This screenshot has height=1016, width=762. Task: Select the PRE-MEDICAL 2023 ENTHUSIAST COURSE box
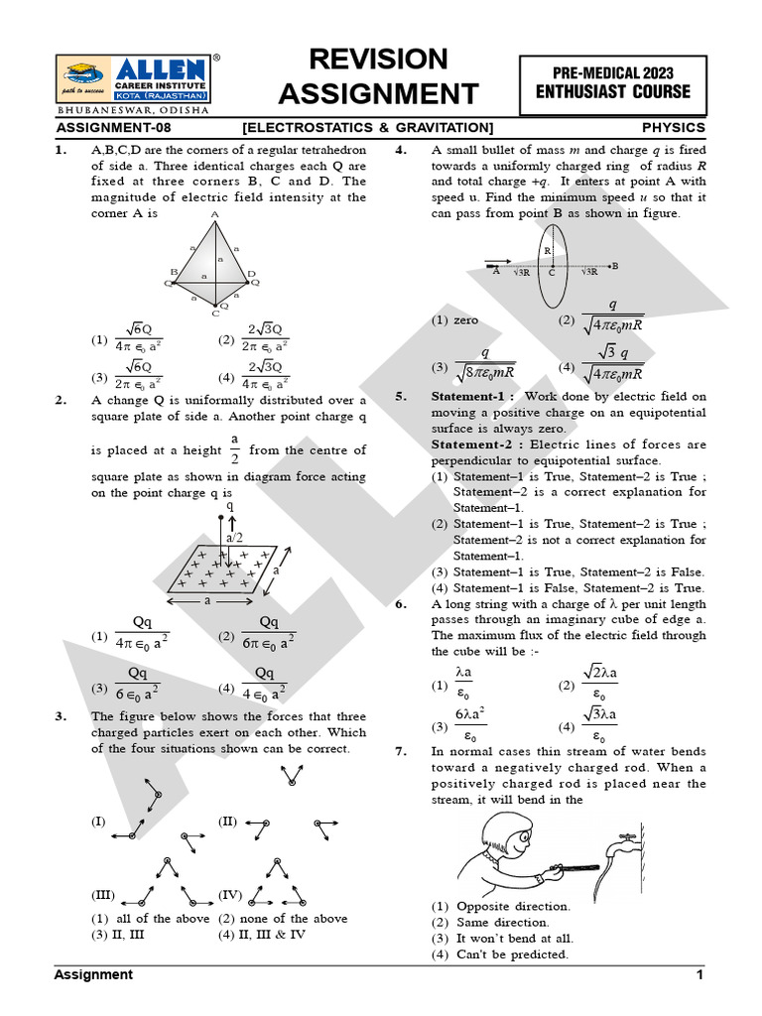(612, 82)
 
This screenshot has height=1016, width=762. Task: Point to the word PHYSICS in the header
(673, 128)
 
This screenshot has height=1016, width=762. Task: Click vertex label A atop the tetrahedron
(214, 213)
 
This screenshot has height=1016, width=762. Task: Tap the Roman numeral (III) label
(104, 894)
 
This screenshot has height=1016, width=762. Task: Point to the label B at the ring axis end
(615, 266)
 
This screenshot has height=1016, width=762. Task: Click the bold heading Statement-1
(465, 396)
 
